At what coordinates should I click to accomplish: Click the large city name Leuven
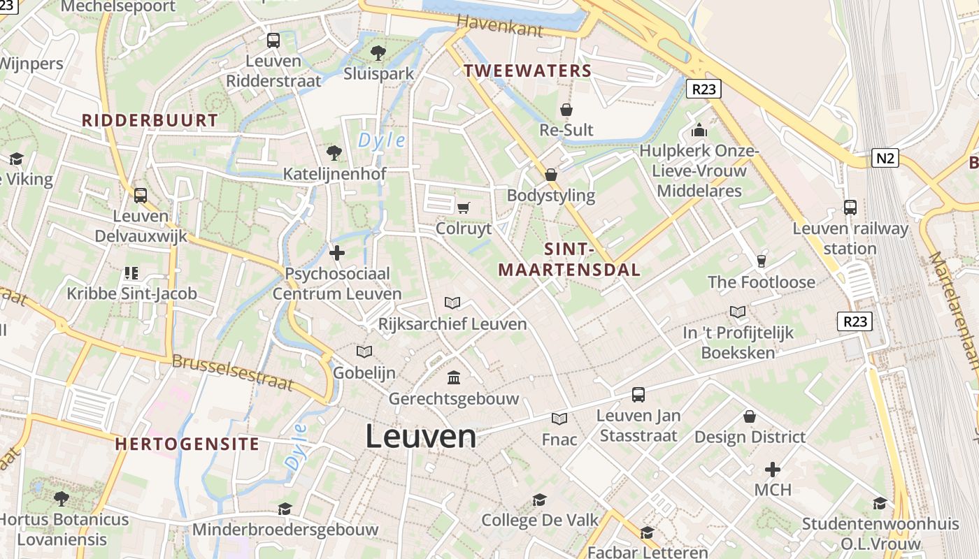point(421,437)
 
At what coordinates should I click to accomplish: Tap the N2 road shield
point(885,158)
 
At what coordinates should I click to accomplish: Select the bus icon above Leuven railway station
point(850,208)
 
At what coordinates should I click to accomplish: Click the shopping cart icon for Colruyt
point(463,208)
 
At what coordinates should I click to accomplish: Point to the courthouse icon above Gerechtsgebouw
point(454,377)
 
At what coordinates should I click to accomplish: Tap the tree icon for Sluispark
point(378,52)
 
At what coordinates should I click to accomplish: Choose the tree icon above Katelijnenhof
point(334,152)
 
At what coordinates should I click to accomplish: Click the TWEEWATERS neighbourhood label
point(528,71)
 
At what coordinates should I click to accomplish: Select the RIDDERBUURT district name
point(150,120)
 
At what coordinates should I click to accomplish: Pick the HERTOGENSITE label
point(187,444)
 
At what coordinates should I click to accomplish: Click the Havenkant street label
point(499,27)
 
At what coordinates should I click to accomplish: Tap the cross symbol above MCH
point(773,469)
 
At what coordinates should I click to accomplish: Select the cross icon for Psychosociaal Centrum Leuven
point(337,253)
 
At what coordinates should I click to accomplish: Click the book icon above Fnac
point(559,419)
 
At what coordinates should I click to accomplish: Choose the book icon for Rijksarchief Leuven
point(452,303)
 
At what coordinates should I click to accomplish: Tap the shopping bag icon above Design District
point(750,416)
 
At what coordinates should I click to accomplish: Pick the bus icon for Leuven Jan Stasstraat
point(638,395)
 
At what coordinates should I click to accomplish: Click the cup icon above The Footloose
point(762,261)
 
